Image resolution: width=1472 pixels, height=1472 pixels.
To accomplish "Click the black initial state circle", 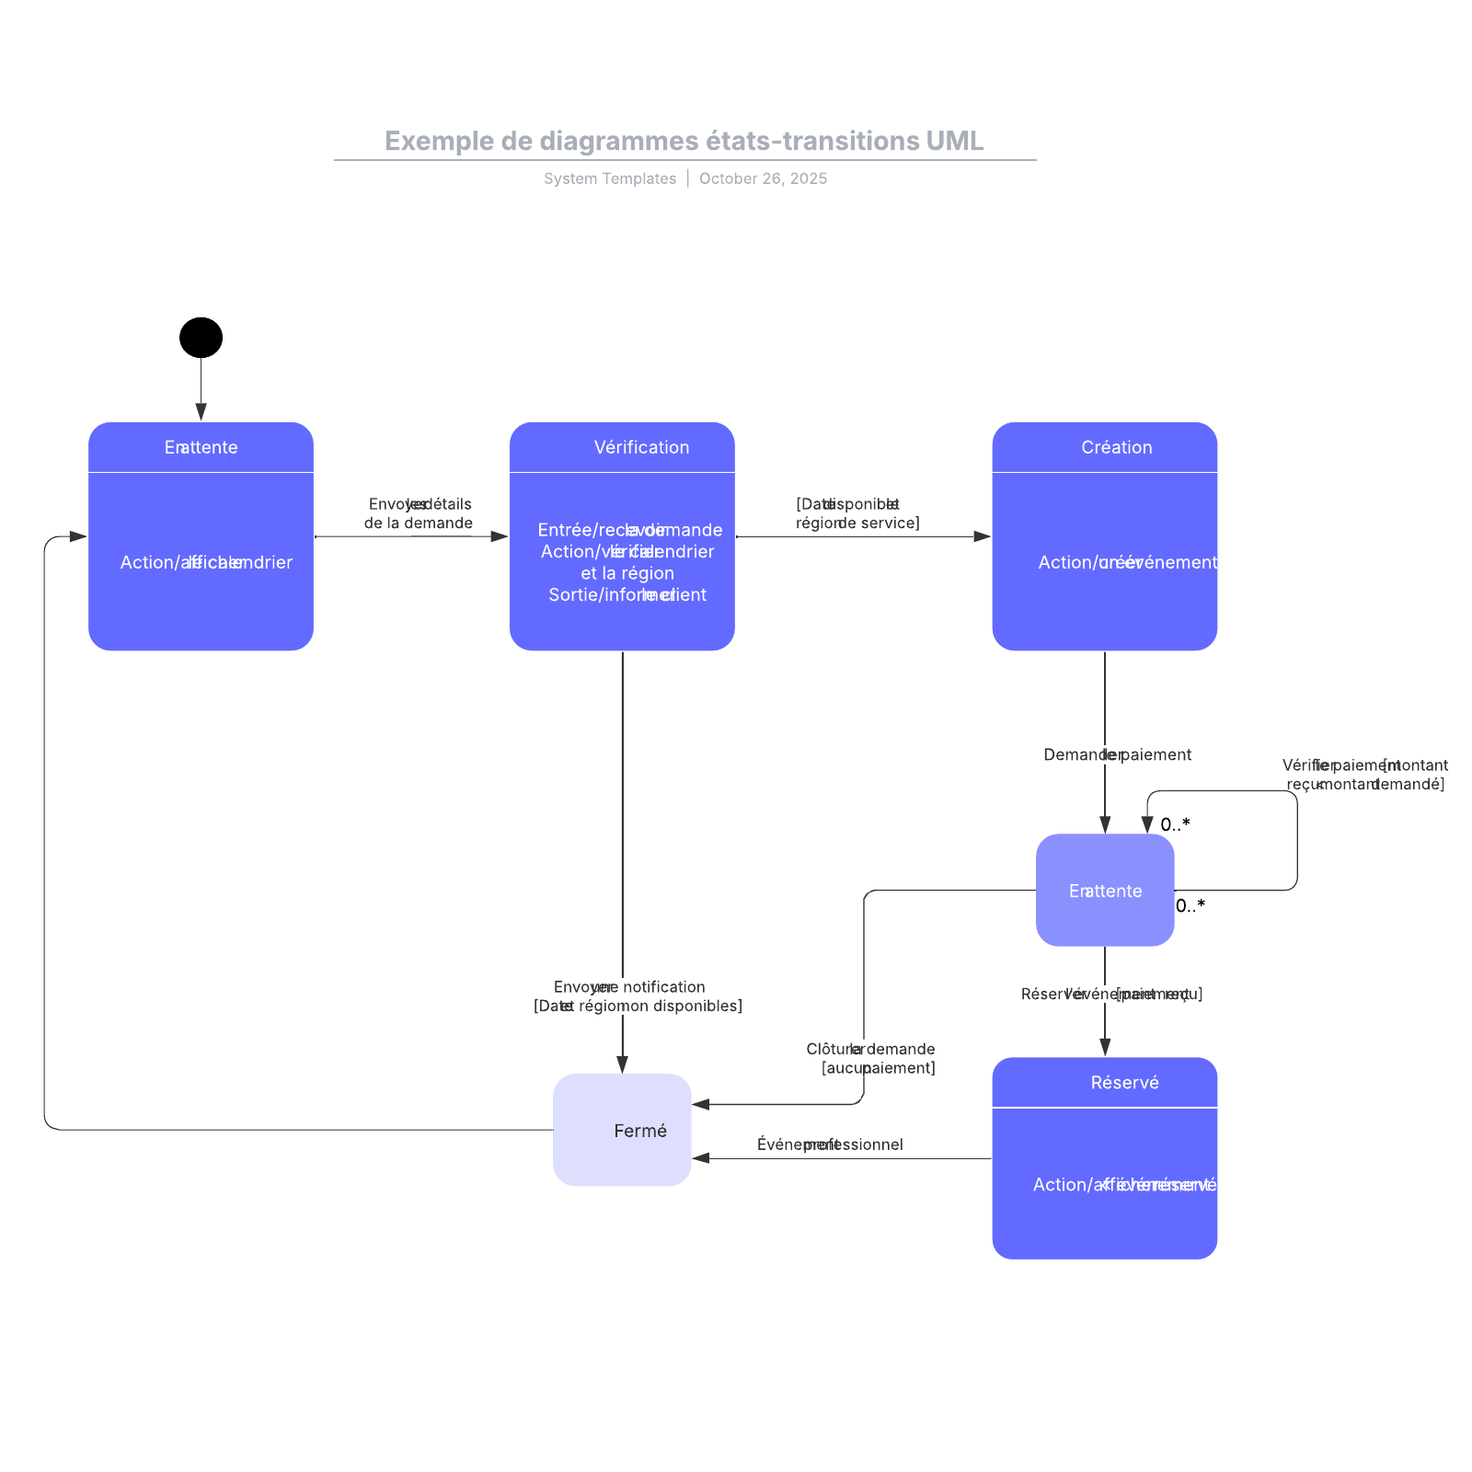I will coord(201,338).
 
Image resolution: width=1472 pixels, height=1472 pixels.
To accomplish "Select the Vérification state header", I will coord(641,447).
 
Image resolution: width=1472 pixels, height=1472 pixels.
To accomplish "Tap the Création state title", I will coord(1116,447).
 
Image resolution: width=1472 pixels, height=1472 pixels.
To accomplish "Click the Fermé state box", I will coord(622,1130).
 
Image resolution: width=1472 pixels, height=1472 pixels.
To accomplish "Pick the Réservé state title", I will coord(1124,1083).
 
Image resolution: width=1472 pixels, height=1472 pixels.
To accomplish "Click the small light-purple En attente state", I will coord(1105,891).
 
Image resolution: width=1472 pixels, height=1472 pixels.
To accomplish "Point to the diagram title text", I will coord(684,141).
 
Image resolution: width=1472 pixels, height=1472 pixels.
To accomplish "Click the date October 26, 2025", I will coord(763,178).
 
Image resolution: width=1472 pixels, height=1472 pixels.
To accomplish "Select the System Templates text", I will coord(609,178).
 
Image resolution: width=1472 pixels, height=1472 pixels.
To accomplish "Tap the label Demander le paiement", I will coord(1117,754).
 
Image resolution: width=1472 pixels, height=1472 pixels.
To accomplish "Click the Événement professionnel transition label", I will coord(830,1144).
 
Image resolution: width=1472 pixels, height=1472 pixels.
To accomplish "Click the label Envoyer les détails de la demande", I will coord(419,513).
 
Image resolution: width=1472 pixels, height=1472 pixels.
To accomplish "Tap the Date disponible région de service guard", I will coord(856,513).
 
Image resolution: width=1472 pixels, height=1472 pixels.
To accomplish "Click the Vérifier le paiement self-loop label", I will coord(1365,775).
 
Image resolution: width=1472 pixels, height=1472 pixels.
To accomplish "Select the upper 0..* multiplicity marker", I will coord(1175,824).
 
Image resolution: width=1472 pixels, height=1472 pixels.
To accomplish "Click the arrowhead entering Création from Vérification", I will coord(983,536).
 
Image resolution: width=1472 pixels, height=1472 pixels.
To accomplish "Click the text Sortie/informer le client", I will coord(627,594).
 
